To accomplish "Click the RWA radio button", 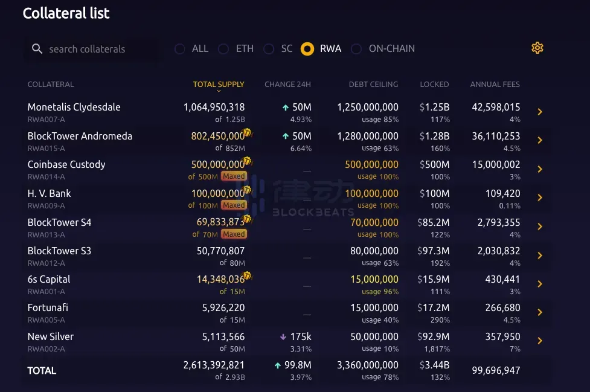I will pyautogui.click(x=307, y=49).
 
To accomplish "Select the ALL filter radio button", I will pyautogui.click(x=180, y=49).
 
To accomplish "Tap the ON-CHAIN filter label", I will pyautogui.click(x=391, y=49).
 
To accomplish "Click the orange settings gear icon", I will pyautogui.click(x=537, y=48).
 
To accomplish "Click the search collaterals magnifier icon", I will pyautogui.click(x=37, y=49).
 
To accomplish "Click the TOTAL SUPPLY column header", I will pyautogui.click(x=219, y=85).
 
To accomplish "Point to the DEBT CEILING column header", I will pyautogui.click(x=373, y=85).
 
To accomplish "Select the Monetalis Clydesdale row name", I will pyautogui.click(x=74, y=107).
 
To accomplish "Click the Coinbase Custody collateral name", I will pyautogui.click(x=66, y=164).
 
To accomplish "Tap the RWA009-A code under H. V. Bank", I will pyautogui.click(x=46, y=205).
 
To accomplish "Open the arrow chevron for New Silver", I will pyautogui.click(x=540, y=341).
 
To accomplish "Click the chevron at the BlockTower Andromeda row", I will pyautogui.click(x=540, y=140).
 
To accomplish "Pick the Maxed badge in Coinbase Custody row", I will pyautogui.click(x=233, y=176).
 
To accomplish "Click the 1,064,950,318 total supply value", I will pyautogui.click(x=214, y=107).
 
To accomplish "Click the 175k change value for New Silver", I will pyautogui.click(x=300, y=336).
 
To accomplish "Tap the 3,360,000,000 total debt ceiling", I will pyautogui.click(x=367, y=365).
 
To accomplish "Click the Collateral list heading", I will pyautogui.click(x=66, y=13).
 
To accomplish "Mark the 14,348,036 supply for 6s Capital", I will pyautogui.click(x=220, y=279).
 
